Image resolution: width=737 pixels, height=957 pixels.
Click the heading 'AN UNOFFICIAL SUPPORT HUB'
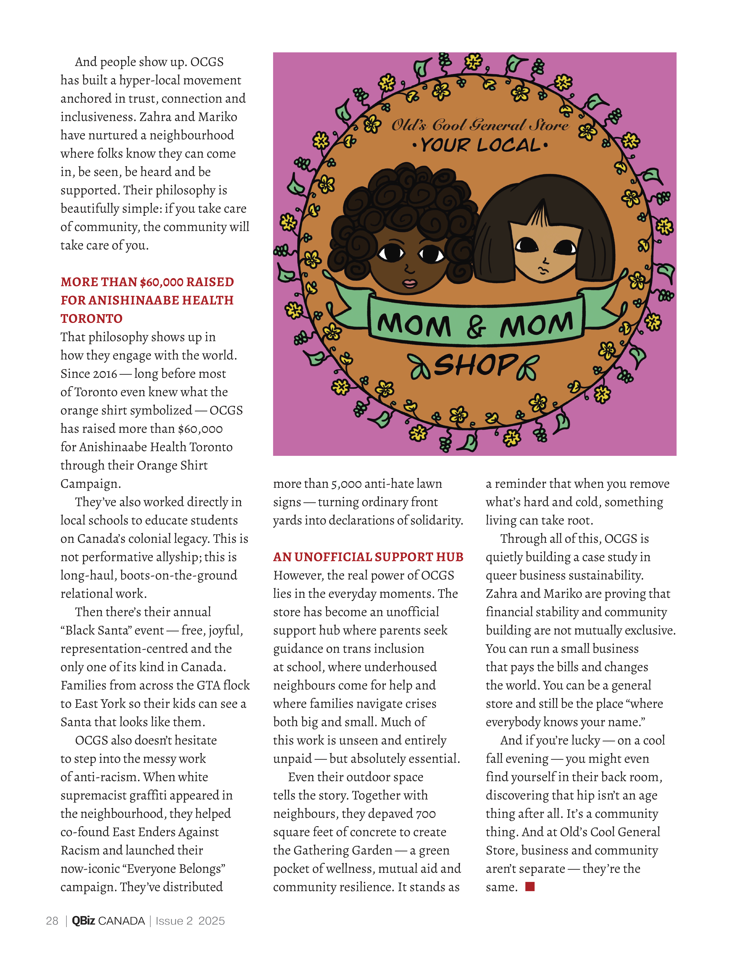tap(368, 557)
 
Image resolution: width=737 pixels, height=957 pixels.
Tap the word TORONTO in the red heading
tap(92, 319)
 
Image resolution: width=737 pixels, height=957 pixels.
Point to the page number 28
tap(52, 921)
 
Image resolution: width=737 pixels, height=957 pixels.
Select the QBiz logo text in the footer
tap(83, 921)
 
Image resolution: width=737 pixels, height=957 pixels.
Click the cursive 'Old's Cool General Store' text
tap(480, 125)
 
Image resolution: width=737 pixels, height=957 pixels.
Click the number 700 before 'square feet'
tap(425, 814)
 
